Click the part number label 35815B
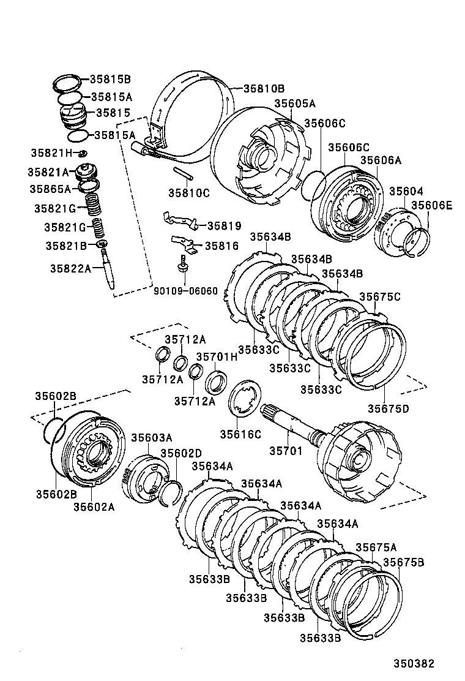(110, 79)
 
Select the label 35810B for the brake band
(264, 88)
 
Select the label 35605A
(294, 103)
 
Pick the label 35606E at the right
(431, 206)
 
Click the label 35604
(406, 191)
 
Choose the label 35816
(221, 246)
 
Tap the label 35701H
(217, 357)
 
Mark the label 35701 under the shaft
(286, 451)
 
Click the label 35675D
(388, 408)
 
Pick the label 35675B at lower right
(404, 562)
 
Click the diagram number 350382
(414, 663)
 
